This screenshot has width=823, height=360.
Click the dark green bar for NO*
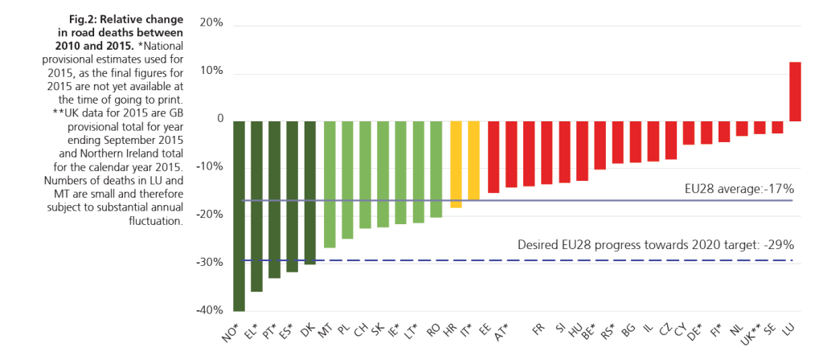[240, 215]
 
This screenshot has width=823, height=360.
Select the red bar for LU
[795, 92]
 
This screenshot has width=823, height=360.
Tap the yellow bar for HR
[456, 164]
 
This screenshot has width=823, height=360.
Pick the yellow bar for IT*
[473, 160]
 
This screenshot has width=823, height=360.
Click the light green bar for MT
[330, 184]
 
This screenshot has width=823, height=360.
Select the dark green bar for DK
[309, 192]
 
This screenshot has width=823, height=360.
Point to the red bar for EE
[493, 157]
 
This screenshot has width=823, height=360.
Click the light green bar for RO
[436, 169]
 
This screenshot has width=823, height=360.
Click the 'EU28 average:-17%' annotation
[734, 188]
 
